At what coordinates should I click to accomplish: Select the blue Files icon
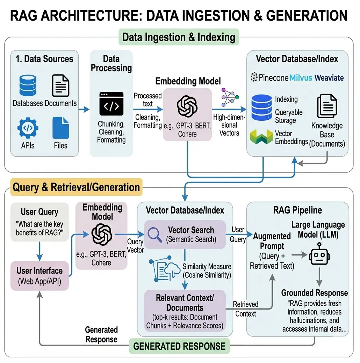pyautogui.click(x=60, y=128)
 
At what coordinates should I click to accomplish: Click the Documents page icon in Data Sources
pyautogui.click(x=60, y=85)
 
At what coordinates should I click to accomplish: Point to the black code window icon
pyautogui.click(x=111, y=104)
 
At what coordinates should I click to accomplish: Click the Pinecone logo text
pyautogui.click(x=269, y=77)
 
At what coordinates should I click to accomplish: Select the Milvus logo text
pyautogui.click(x=302, y=77)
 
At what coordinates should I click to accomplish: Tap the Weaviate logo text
pyautogui.click(x=329, y=77)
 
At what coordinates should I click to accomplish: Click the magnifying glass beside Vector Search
pyautogui.click(x=154, y=235)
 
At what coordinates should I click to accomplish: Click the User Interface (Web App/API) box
pyautogui.click(x=39, y=276)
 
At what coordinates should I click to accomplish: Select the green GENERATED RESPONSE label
pyautogui.click(x=179, y=346)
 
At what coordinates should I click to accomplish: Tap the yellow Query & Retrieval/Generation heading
pyautogui.click(x=76, y=187)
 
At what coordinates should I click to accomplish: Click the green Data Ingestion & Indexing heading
pyautogui.click(x=179, y=37)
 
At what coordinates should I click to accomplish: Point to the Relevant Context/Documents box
pyautogui.click(x=185, y=310)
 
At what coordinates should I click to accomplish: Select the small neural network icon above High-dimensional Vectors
pyautogui.click(x=230, y=97)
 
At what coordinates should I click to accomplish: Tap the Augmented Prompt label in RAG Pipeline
pyautogui.click(x=272, y=241)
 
